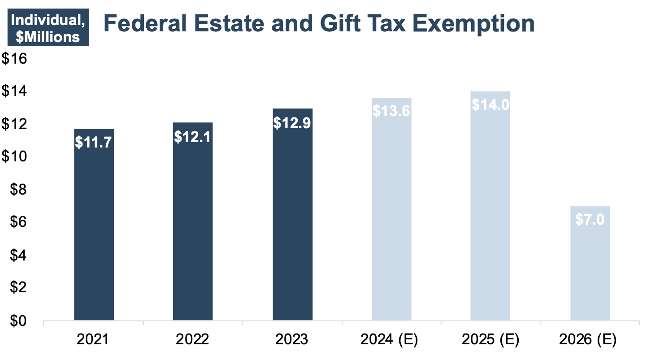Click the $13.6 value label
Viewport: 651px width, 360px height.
[x=391, y=110]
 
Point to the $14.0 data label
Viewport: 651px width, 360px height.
[x=490, y=104]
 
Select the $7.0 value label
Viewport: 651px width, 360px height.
[x=590, y=220]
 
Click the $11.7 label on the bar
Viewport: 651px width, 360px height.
[x=94, y=142]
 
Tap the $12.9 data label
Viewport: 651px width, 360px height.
[x=292, y=122]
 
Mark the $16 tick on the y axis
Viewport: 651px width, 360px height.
[x=15, y=59]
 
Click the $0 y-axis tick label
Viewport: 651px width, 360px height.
[x=18, y=321]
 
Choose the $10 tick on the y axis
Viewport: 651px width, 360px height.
[x=15, y=157]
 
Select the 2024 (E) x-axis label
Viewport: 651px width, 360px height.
[x=389, y=339]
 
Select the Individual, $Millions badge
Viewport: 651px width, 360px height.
[x=48, y=28]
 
